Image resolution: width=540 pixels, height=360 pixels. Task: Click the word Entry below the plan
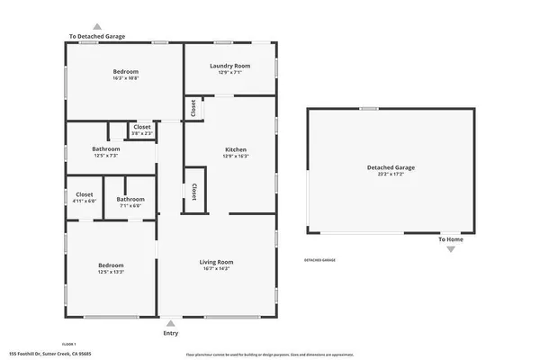[x=170, y=333]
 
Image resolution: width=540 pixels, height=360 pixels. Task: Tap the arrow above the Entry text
[x=170, y=322]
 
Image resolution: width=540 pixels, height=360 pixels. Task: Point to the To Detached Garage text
[x=97, y=37]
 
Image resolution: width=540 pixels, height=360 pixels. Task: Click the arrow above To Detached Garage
[x=97, y=27]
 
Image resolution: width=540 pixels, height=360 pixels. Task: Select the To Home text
[x=451, y=239]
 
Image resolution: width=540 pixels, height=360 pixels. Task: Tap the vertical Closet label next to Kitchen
[x=194, y=191]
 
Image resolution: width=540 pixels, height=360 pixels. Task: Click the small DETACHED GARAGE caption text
[x=319, y=260]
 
